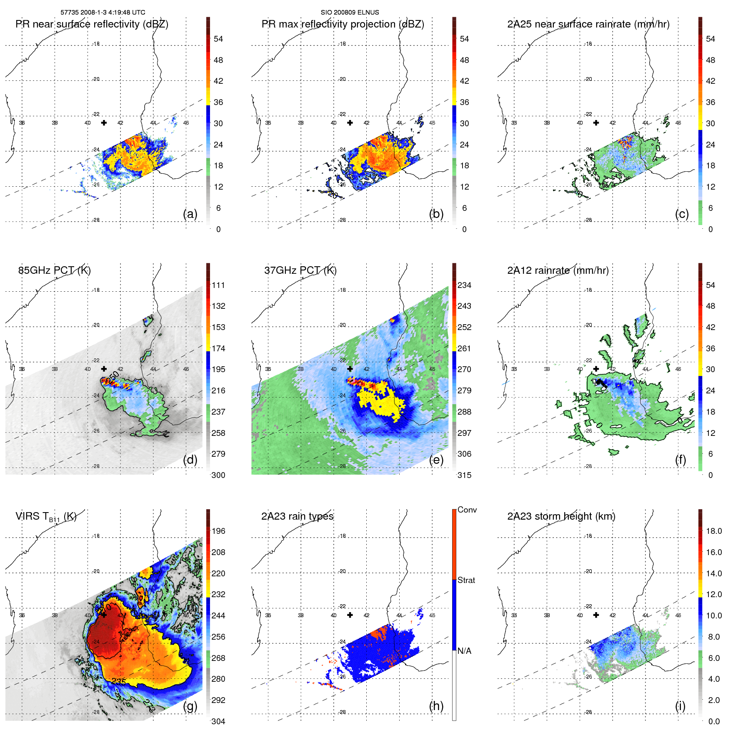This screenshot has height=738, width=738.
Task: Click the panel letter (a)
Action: tap(190, 214)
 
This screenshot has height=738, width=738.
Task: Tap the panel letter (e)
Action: tap(436, 460)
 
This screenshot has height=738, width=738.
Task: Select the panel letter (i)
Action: tap(680, 706)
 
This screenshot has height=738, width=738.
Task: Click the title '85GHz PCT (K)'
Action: tap(54, 270)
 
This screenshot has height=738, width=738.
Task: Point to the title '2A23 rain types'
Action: tap(297, 516)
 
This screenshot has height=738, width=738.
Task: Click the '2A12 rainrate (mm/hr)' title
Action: tap(558, 270)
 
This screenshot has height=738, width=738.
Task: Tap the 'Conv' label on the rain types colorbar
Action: tap(467, 510)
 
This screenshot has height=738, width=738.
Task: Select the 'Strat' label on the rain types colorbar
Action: tap(466, 580)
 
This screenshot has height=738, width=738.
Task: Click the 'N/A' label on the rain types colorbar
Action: tap(464, 651)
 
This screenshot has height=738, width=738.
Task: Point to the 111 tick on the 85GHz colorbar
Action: tap(218, 285)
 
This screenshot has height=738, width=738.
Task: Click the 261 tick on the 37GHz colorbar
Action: tap(464, 348)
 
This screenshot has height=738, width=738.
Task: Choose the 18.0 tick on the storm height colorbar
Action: tap(713, 531)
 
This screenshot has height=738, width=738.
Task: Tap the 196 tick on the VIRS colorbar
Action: tap(218, 531)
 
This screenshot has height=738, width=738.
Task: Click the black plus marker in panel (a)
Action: tap(104, 123)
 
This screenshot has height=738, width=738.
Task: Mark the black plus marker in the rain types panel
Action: tap(350, 615)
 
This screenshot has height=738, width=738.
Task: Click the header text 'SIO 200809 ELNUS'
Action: tap(350, 12)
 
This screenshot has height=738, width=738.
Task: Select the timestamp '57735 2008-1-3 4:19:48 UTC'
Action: tap(103, 12)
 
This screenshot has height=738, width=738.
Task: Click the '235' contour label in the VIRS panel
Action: tap(118, 681)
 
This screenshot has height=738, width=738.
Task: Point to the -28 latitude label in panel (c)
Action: tap(588, 220)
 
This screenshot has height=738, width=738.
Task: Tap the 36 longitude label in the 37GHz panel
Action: tap(268, 369)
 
